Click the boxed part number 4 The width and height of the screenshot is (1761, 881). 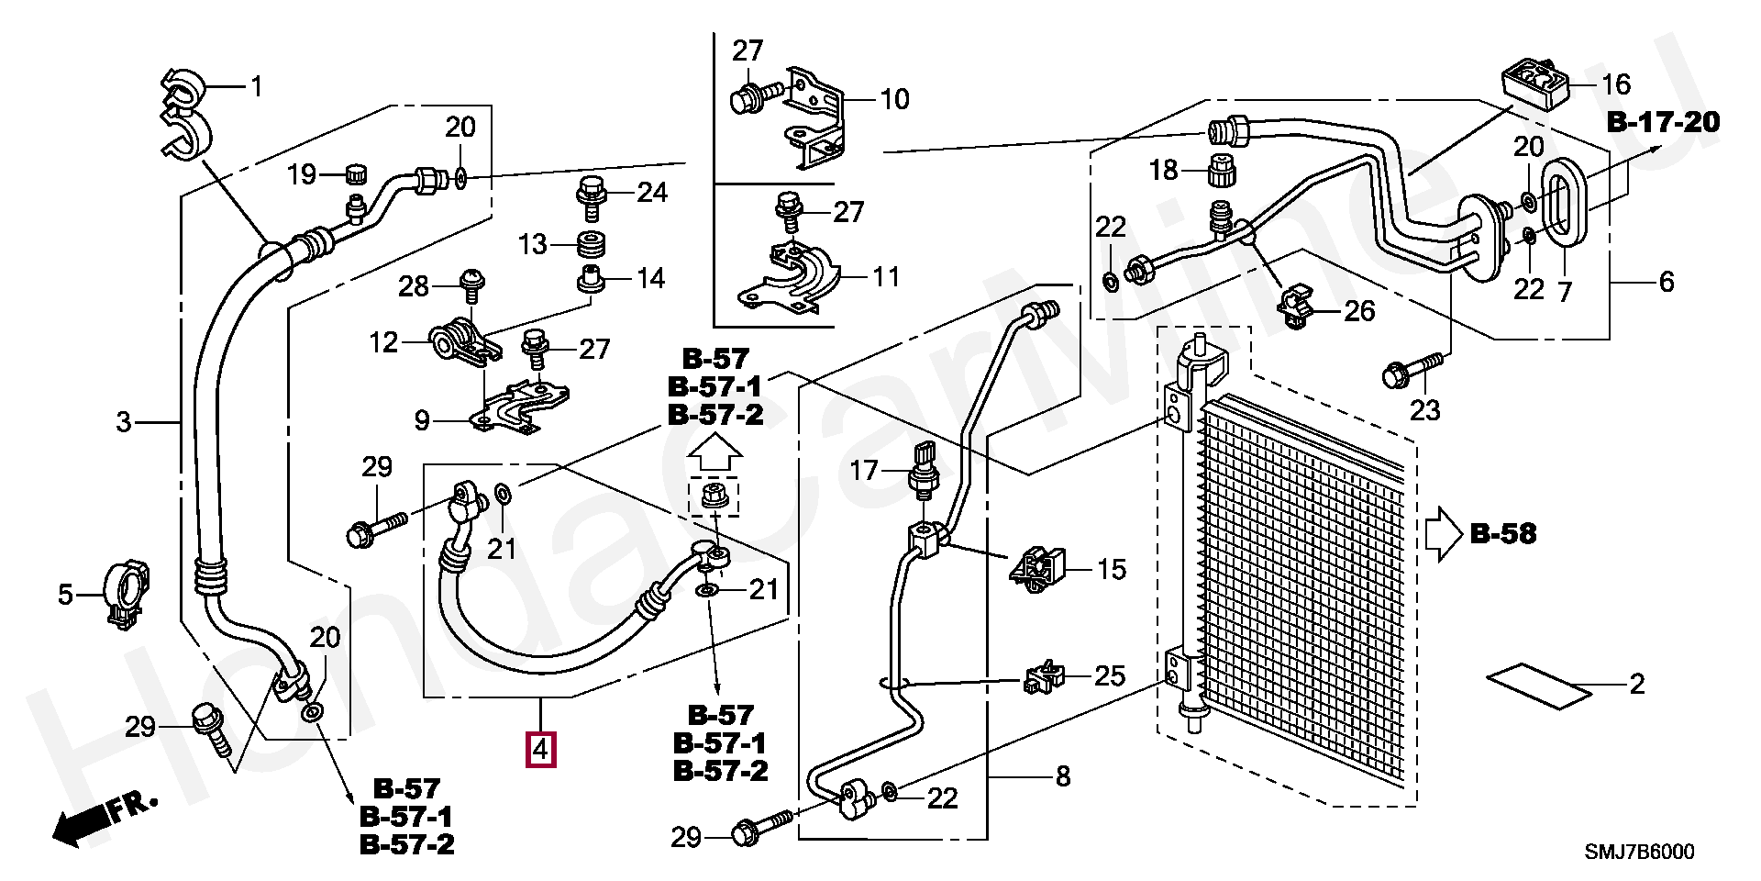point(540,750)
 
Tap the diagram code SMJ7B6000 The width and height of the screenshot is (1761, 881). point(1640,852)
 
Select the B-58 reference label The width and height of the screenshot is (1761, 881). point(1502,533)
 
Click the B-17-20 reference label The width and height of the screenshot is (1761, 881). point(1663,122)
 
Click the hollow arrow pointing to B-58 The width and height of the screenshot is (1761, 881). point(1442,534)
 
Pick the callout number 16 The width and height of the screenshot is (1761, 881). point(1615,84)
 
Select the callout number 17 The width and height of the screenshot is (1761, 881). point(864,471)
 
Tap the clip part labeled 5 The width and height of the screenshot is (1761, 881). point(126,596)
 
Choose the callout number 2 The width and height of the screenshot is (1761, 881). point(1636,684)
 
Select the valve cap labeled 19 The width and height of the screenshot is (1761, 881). point(355,173)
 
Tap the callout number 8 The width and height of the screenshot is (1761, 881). point(1062,776)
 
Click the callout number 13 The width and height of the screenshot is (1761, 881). point(533,244)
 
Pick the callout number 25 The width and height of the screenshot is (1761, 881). point(1110,676)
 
